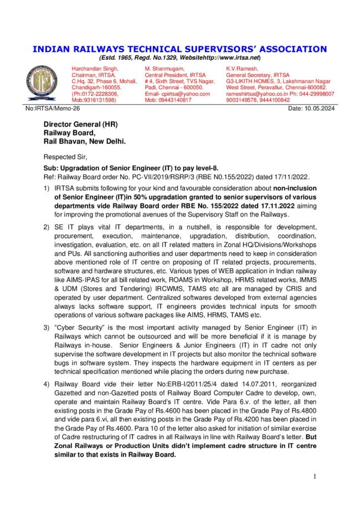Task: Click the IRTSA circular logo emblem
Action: pyautogui.click(x=41, y=83)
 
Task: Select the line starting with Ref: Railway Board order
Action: pyautogui.click(x=183, y=176)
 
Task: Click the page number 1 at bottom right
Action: pyautogui.click(x=315, y=476)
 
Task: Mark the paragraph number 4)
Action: pyautogui.click(x=48, y=384)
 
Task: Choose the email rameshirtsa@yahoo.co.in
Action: pyautogui.click(x=257, y=94)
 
